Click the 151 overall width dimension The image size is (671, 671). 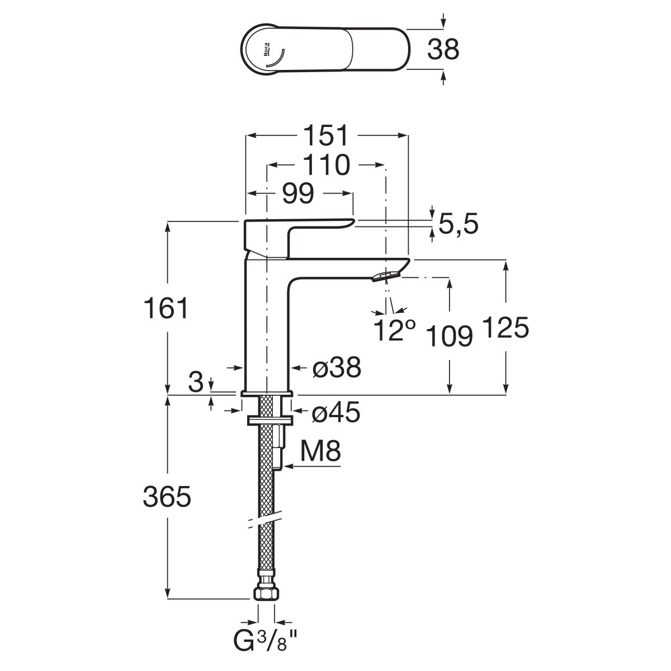point(327,136)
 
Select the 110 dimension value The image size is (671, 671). point(327,165)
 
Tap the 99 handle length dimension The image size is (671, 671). point(297,193)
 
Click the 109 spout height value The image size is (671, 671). point(450,337)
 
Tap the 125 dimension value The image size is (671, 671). point(505,328)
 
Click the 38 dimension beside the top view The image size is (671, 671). point(443,49)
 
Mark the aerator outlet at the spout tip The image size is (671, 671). point(385,276)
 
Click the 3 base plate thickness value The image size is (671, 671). point(195,382)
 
